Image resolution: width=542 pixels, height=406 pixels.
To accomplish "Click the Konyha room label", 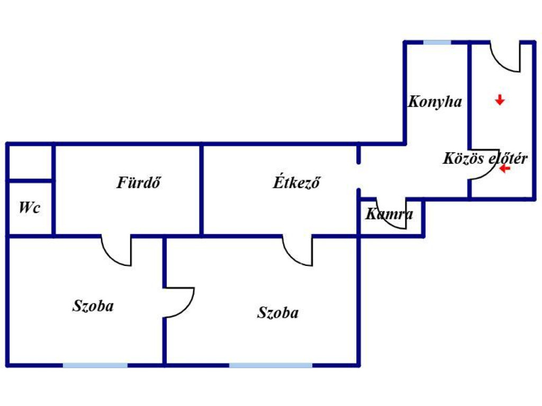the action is [x=435, y=102].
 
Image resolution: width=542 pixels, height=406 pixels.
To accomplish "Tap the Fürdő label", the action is [x=139, y=182].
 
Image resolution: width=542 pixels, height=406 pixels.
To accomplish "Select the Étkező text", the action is [x=296, y=182].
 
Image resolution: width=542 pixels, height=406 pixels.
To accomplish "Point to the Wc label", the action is [x=30, y=207].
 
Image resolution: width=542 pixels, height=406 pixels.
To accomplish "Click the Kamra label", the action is [x=389, y=214].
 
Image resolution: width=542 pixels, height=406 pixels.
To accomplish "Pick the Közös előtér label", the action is [x=485, y=159].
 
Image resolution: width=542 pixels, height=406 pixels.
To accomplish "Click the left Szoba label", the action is [x=93, y=306].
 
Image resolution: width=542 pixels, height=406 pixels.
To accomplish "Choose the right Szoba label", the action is [x=278, y=313].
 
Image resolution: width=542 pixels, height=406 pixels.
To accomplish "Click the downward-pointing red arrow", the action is [x=500, y=100].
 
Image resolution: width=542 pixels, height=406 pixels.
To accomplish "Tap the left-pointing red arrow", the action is [x=505, y=169].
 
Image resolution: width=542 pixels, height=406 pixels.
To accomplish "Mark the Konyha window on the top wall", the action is [x=437, y=42].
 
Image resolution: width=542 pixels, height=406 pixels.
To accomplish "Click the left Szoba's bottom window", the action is [x=95, y=365].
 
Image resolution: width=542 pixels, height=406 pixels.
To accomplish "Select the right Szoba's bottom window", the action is [x=270, y=365].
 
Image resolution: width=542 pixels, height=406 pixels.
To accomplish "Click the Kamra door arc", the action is [x=386, y=222].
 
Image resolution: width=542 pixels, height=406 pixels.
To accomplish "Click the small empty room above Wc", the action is [x=30, y=162].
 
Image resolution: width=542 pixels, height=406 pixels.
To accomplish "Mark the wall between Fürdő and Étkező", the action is [x=202, y=190].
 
